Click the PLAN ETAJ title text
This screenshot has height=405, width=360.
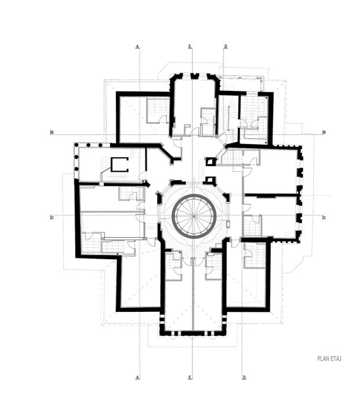tap(329, 359)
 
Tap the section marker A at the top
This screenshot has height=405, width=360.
tap(138, 45)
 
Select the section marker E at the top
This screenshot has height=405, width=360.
tap(190, 45)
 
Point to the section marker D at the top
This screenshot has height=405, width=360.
tap(226, 45)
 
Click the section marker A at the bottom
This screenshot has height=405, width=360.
tap(138, 377)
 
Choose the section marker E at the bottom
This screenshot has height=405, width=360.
tap(190, 377)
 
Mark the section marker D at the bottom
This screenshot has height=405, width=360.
tap(244, 377)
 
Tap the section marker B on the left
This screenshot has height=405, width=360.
tap(52, 132)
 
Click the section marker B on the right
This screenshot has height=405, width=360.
tap(324, 132)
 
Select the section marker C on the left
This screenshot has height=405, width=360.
tap(52, 218)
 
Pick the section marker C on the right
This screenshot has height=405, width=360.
tap(324, 218)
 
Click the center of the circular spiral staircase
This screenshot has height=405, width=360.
tap(194, 216)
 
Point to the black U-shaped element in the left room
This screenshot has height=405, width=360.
tap(120, 164)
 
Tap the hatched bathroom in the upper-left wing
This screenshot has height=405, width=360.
tap(156, 110)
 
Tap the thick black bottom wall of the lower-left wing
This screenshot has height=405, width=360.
tap(139, 310)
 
